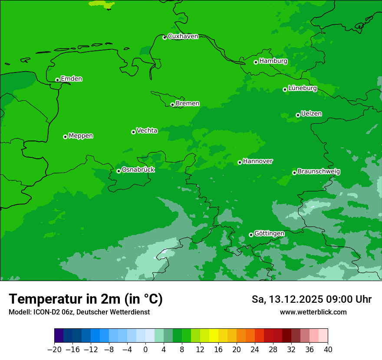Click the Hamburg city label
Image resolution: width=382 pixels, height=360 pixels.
pyautogui.click(x=273, y=61)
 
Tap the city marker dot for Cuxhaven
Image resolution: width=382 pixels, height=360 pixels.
pyautogui.click(x=165, y=37)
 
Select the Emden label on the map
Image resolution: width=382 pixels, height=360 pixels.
pyautogui.click(x=71, y=79)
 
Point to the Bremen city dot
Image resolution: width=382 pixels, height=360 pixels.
pyautogui.click(x=172, y=105)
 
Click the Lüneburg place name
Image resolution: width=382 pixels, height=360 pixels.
pyautogui.click(x=302, y=88)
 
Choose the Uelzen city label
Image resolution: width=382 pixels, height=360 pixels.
pyautogui.click(x=311, y=114)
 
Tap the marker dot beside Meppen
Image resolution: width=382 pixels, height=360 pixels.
pyautogui.click(x=65, y=137)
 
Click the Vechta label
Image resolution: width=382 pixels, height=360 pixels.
pyautogui.click(x=147, y=131)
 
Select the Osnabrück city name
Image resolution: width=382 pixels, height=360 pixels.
pyautogui.click(x=138, y=170)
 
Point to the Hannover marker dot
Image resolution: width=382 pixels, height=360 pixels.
pyautogui.click(x=240, y=162)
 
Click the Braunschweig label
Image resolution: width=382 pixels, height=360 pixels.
pyautogui.click(x=319, y=172)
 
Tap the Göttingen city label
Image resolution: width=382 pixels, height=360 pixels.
pyautogui.click(x=269, y=233)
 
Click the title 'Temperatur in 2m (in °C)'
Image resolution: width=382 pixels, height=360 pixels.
pyautogui.click(x=86, y=299)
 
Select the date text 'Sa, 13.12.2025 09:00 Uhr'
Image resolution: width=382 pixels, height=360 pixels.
pyautogui.click(x=311, y=299)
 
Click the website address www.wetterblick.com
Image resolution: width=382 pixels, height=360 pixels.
pyautogui.click(x=313, y=312)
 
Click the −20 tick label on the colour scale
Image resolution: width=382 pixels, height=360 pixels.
pyautogui.click(x=54, y=350)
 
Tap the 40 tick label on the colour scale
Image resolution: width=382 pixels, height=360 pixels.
pyautogui.click(x=328, y=350)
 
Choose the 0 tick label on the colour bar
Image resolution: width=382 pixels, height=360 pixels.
pyautogui.click(x=145, y=350)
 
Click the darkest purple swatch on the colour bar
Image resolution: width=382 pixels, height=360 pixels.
pyautogui.click(x=59, y=336)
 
